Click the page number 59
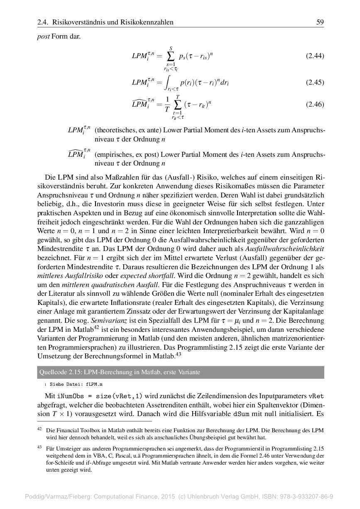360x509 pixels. [x=320, y=22]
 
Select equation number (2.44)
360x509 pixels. [x=315, y=56]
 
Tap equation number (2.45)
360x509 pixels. [x=315, y=82]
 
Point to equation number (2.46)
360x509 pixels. [x=315, y=105]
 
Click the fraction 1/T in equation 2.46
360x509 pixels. [x=167, y=105]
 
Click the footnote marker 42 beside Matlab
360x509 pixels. [x=96, y=328]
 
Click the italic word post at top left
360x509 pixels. [x=43, y=36]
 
